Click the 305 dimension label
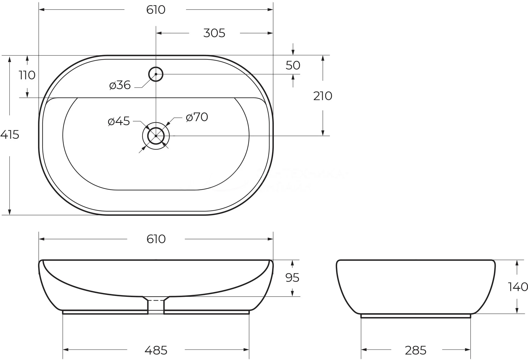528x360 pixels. click(x=214, y=33)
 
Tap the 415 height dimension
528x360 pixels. click(x=10, y=135)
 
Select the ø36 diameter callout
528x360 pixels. click(x=120, y=85)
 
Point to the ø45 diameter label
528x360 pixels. click(x=119, y=121)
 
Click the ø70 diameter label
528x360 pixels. click(x=197, y=117)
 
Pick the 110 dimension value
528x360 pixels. click(x=27, y=75)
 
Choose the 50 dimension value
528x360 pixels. click(x=293, y=65)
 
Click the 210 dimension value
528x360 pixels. click(x=323, y=96)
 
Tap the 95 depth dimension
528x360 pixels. click(x=292, y=278)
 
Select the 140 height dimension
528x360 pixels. click(x=518, y=287)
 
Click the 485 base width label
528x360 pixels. click(x=156, y=350)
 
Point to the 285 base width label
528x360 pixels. click(x=415, y=350)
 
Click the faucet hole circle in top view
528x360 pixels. click(x=156, y=74)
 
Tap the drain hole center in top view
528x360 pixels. click(x=156, y=136)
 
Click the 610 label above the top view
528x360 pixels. click(x=156, y=10)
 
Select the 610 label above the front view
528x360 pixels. click(x=156, y=239)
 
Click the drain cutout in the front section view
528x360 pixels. click(x=156, y=305)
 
